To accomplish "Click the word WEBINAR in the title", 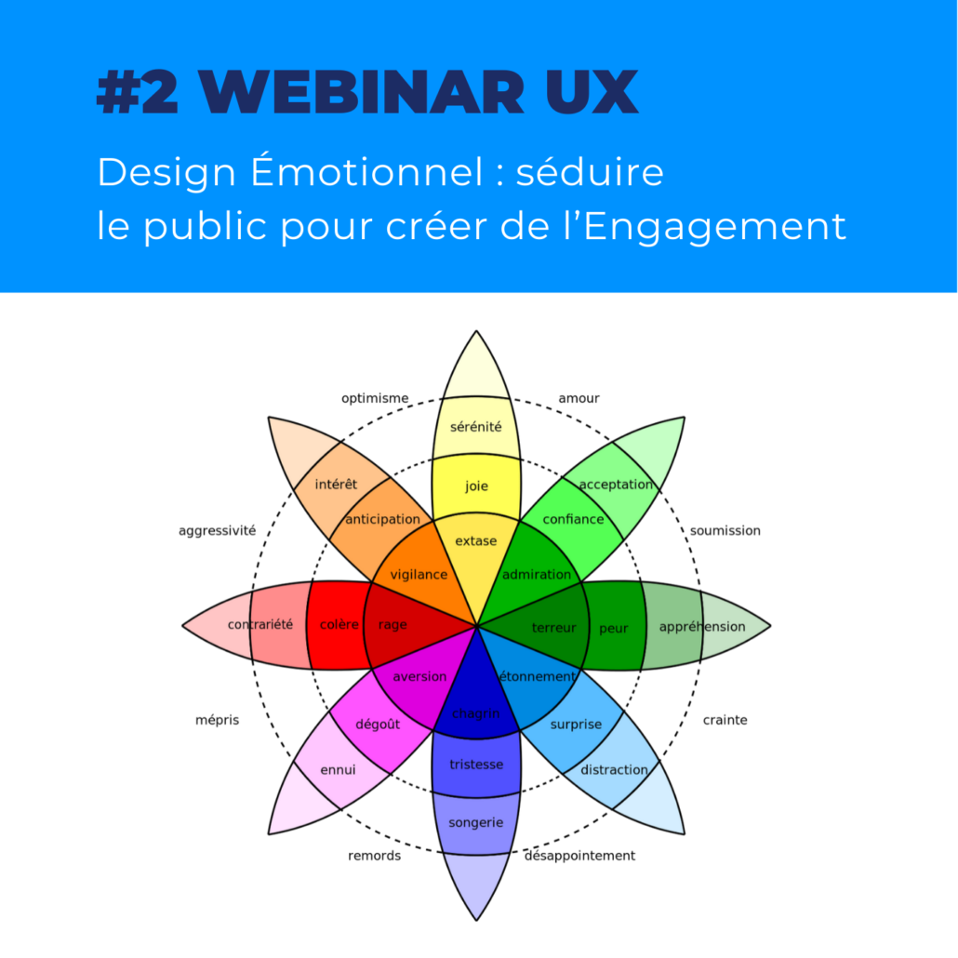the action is click(x=361, y=92).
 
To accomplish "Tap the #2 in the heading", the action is click(x=138, y=92).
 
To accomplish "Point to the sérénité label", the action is click(x=476, y=427).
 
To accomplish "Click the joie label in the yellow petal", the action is click(x=476, y=486).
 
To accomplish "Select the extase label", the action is click(x=476, y=540).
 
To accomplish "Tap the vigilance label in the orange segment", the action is click(x=419, y=574).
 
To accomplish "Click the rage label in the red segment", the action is click(x=393, y=625).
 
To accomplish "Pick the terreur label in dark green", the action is click(x=554, y=628).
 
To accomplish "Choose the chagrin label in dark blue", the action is click(x=476, y=713).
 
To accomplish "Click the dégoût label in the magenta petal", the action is click(x=378, y=724).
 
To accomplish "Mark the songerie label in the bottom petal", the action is click(x=476, y=823).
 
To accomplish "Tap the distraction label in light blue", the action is click(x=614, y=770).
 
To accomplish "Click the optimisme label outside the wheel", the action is click(x=375, y=398).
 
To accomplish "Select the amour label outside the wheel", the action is click(x=579, y=398).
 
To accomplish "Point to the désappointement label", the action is click(x=579, y=856).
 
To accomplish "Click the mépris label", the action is click(x=217, y=720).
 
